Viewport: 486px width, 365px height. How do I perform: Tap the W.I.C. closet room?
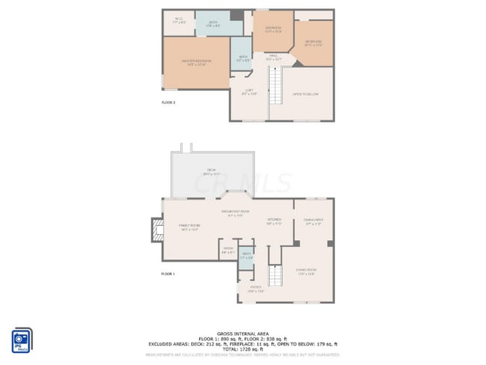click(x=179, y=21)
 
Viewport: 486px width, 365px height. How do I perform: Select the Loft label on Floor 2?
click(x=247, y=93)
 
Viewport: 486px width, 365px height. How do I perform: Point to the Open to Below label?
click(x=305, y=94)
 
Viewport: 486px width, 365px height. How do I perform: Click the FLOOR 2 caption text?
click(x=168, y=102)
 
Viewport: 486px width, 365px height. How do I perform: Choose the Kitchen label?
click(x=274, y=221)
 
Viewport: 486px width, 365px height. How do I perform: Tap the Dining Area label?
click(x=313, y=221)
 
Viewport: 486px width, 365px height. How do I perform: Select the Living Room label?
click(x=306, y=273)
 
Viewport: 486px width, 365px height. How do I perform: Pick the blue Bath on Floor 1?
click(x=246, y=257)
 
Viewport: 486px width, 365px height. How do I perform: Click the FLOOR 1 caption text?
click(x=168, y=274)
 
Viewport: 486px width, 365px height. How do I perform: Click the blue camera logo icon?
click(x=21, y=340)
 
